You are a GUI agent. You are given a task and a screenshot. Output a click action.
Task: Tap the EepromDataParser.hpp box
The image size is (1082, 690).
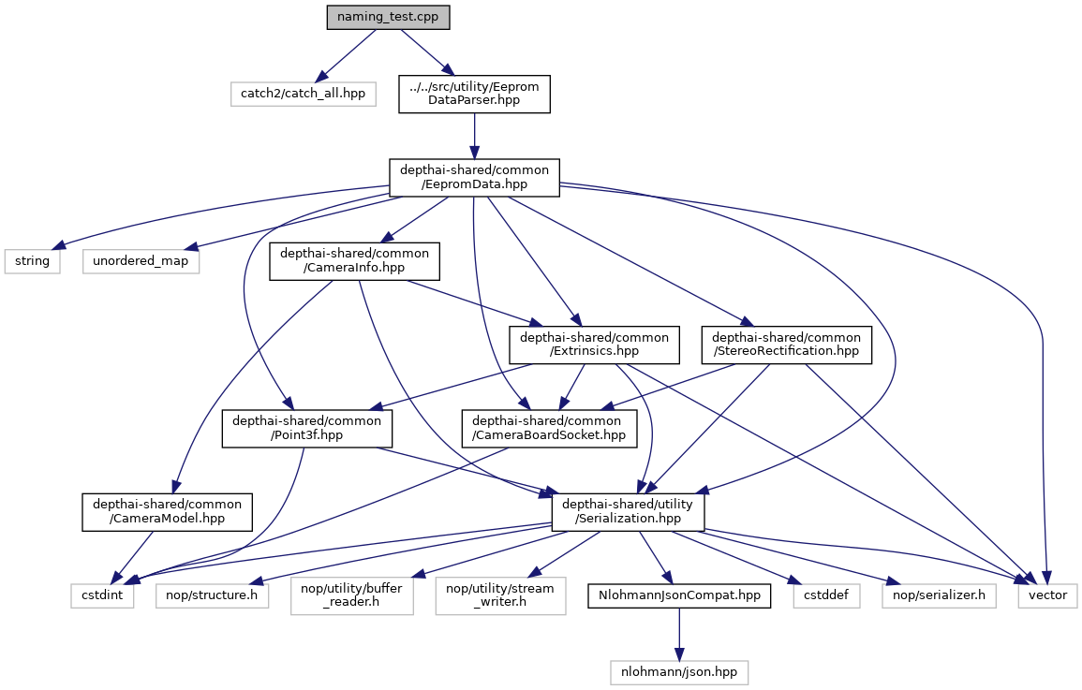tap(474, 94)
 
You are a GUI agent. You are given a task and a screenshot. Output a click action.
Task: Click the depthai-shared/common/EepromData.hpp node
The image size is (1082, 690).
tap(474, 177)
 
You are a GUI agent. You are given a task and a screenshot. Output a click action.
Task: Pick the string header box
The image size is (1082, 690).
tap(33, 260)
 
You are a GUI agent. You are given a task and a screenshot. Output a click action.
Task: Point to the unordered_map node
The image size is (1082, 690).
tap(141, 260)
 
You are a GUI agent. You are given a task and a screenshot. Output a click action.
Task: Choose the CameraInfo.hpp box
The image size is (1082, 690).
tap(355, 261)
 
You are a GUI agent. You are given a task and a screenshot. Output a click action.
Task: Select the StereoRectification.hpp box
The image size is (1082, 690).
tap(787, 345)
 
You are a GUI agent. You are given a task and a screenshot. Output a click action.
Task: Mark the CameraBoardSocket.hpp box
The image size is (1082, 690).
tap(548, 429)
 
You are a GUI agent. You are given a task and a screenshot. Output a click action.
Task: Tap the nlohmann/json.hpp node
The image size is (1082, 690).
tap(680, 671)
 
